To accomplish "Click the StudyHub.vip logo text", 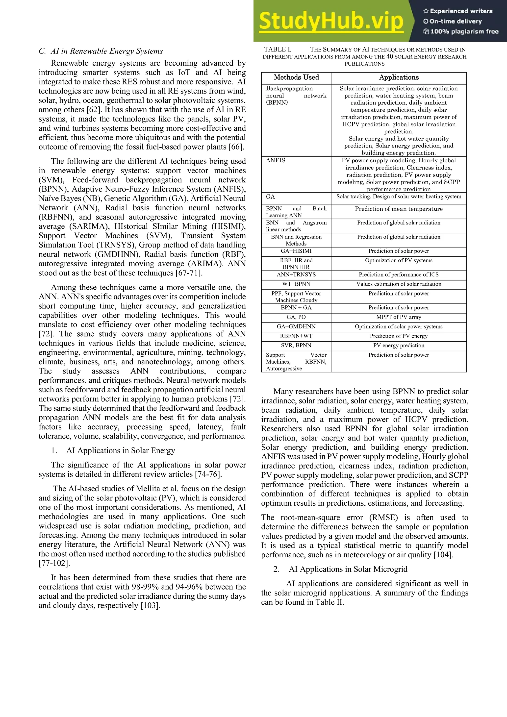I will pos(331,21).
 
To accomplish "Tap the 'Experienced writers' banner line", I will pos(458,11).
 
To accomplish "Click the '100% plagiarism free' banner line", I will pos(461,31).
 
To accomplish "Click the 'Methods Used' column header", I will pos(296,77).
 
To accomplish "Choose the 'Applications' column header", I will pos(399,77).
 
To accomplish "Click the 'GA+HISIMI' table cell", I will pos(296,251).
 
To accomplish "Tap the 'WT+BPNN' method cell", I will pos(296,284).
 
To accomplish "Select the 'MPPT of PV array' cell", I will pos(399,317).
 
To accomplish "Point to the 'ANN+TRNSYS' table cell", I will pos(296,275).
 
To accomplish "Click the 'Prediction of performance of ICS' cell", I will pos(399,275).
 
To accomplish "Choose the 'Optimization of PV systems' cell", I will pos(399,260).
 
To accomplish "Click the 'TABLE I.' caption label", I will pos(278,49).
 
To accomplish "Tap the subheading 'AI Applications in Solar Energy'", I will pos(120,450).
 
